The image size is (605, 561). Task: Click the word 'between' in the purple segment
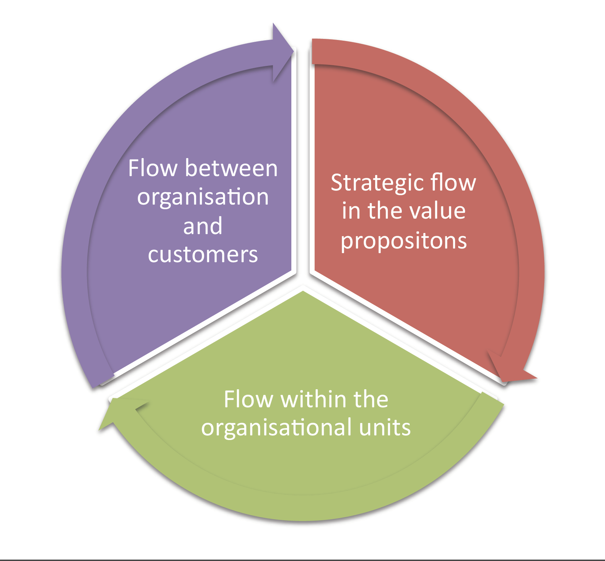[231, 168]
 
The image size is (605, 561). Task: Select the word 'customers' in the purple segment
[203, 255]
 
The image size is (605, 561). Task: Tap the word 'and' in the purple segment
[203, 226]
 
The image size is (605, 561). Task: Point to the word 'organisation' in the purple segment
[203, 198]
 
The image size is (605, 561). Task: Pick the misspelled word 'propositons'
[404, 241]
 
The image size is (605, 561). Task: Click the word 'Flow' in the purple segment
[153, 168]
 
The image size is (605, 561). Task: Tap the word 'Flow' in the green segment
[249, 399]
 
